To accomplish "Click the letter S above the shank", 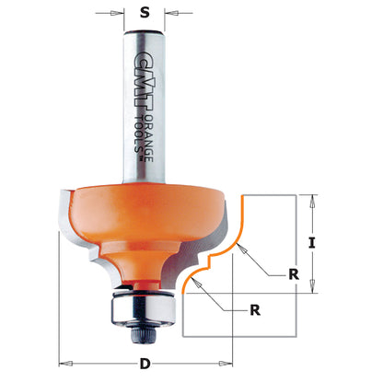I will click(x=142, y=15).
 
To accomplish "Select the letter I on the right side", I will click(x=314, y=244).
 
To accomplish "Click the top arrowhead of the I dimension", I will click(x=314, y=198).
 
